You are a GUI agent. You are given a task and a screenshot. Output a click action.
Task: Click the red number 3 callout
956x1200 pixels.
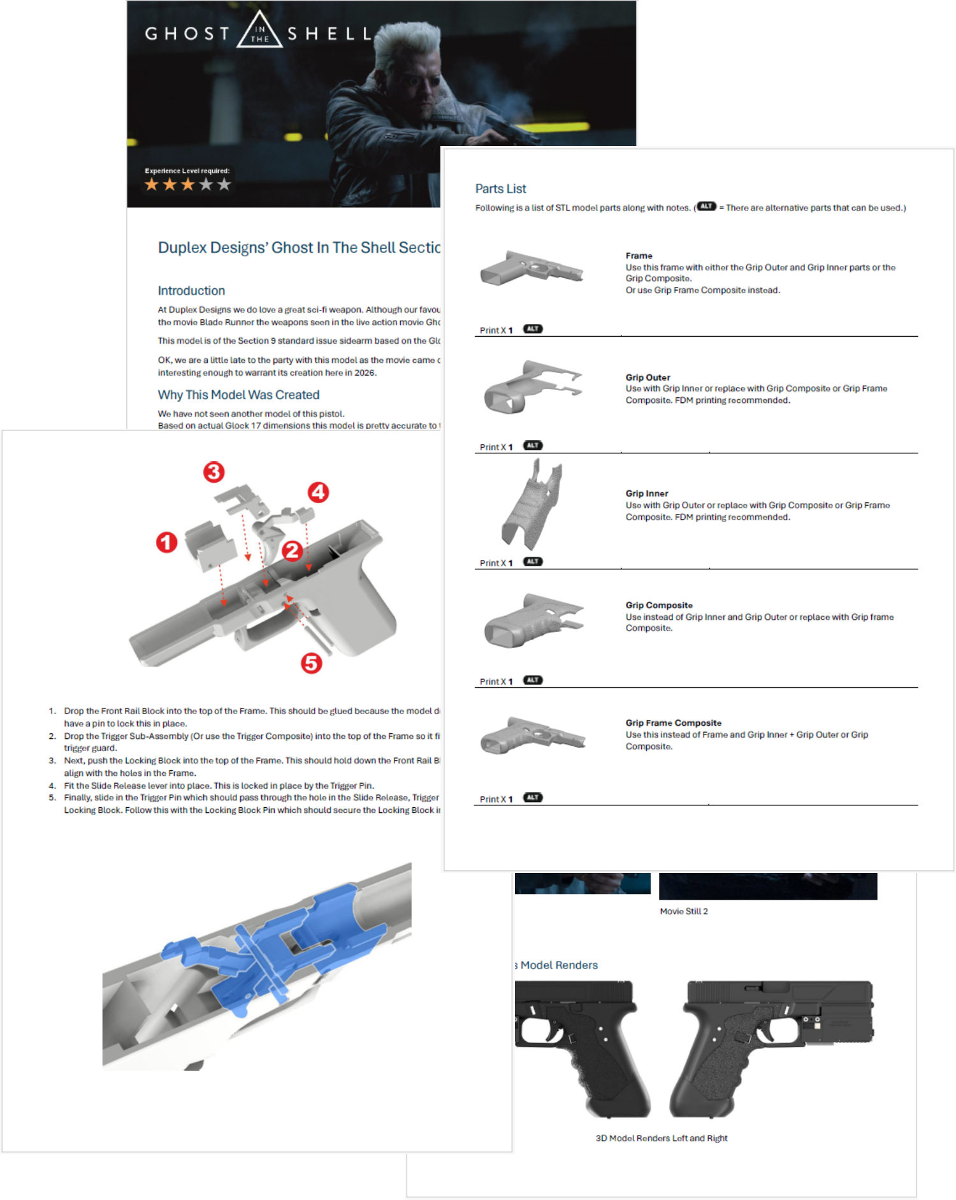[214, 472]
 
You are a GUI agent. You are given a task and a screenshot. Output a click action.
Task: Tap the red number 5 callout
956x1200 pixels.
[311, 663]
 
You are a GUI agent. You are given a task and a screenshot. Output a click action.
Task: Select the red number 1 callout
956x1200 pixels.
[167, 543]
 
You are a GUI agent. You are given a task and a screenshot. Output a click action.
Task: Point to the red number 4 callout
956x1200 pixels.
[318, 492]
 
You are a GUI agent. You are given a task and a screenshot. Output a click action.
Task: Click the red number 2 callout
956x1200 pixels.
[292, 550]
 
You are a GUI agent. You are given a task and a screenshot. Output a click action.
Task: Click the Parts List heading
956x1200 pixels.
[500, 189]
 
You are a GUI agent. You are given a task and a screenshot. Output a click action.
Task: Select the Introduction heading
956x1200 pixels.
[191, 291]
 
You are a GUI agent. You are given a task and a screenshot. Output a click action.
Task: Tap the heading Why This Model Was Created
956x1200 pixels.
[238, 395]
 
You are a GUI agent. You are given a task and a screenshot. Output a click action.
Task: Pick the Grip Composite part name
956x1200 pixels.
[658, 605]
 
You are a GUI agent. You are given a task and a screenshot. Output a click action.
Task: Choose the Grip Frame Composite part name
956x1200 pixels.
[673, 722]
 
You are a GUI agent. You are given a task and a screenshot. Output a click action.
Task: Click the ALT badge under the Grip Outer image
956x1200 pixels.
[533, 445]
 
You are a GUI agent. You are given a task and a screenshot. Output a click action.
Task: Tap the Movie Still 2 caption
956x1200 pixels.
[683, 911]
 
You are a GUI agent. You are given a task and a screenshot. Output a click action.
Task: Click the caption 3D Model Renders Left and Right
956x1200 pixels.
[661, 1138]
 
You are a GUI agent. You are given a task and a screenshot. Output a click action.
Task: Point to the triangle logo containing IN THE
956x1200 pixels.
[259, 33]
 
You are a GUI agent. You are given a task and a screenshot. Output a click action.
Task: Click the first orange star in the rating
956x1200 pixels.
[152, 185]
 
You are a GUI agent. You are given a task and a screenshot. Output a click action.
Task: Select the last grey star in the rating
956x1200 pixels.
[224, 185]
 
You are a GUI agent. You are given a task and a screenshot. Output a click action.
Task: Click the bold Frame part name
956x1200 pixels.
[639, 256]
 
